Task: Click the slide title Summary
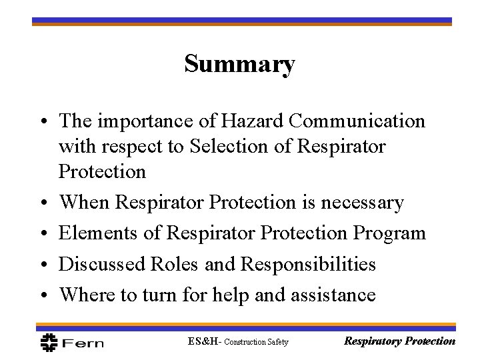click(x=240, y=65)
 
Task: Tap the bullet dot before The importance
click(x=41, y=123)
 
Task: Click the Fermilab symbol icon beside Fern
click(x=49, y=343)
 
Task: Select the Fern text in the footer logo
click(x=84, y=343)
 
